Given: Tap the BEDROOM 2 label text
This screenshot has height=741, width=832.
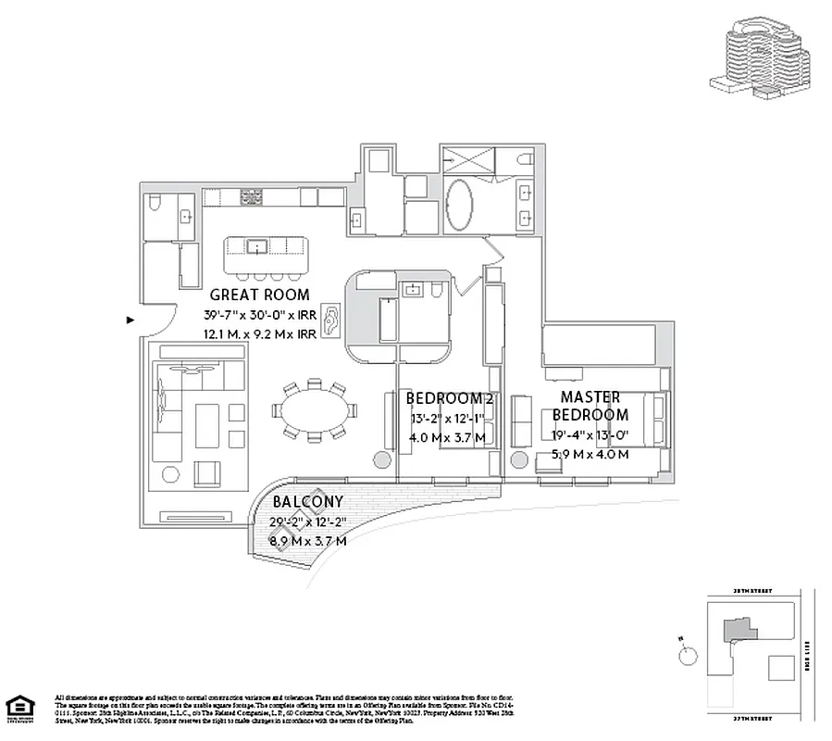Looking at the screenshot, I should click(449, 399).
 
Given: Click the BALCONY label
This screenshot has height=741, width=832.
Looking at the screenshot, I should click(302, 501).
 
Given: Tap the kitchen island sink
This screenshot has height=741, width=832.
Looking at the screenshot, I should click(255, 245).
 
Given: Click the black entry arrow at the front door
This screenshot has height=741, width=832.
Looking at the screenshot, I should click(130, 320).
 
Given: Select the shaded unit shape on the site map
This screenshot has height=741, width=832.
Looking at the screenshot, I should click(738, 631).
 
